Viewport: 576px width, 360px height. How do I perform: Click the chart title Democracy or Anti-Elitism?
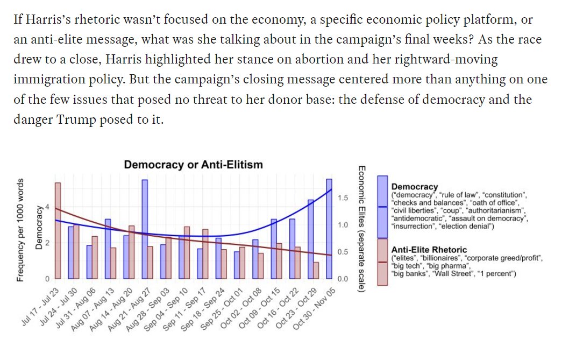coord(193,165)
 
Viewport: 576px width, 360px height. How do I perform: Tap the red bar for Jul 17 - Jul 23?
coord(58,231)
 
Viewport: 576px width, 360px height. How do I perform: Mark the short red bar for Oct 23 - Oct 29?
coord(316,271)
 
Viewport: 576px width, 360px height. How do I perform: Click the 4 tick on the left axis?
coord(47,207)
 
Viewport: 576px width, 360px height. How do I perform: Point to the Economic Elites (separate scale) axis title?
coord(362,229)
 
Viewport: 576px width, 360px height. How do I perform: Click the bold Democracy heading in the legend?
coord(415,187)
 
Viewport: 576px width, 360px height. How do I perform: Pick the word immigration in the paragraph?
coord(44,79)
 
